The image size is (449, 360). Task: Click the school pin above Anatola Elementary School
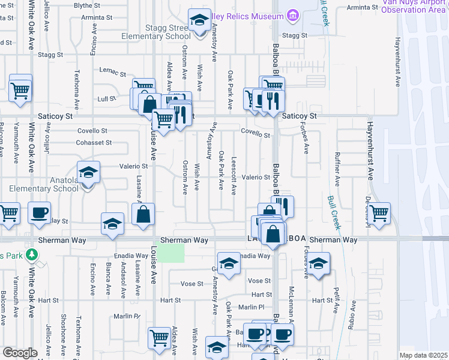tap(88, 173)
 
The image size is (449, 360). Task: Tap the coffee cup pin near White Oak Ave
tap(40, 213)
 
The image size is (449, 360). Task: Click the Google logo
tap(20, 353)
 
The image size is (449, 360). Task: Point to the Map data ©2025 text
tap(423, 355)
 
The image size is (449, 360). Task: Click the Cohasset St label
tap(94, 143)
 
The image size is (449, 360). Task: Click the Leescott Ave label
tap(234, 176)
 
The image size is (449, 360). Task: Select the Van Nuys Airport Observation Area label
tap(416, 6)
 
